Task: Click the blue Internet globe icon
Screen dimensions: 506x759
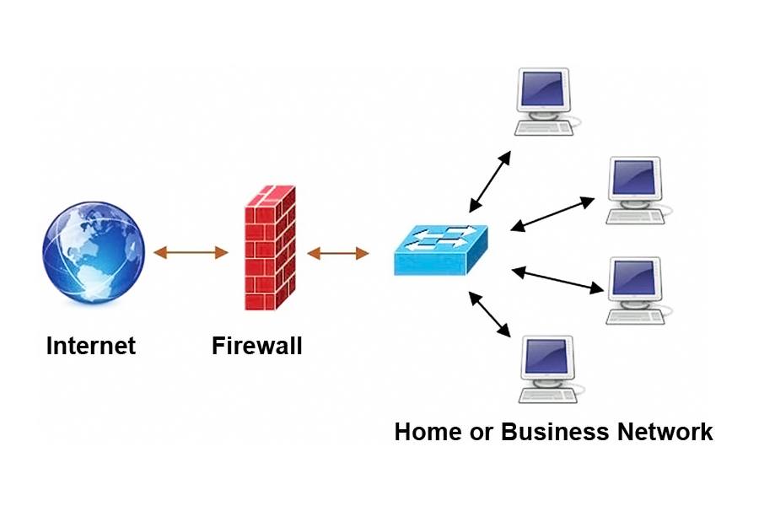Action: point(94,250)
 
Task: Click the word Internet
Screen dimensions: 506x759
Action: point(91,346)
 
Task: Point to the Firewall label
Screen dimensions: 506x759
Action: point(256,346)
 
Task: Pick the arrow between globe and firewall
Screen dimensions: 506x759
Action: point(191,251)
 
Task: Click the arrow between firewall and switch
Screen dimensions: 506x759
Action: point(337,251)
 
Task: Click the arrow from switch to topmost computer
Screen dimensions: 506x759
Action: point(490,181)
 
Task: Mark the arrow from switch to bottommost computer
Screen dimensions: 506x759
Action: point(490,315)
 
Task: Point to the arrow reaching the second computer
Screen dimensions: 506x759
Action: point(553,214)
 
